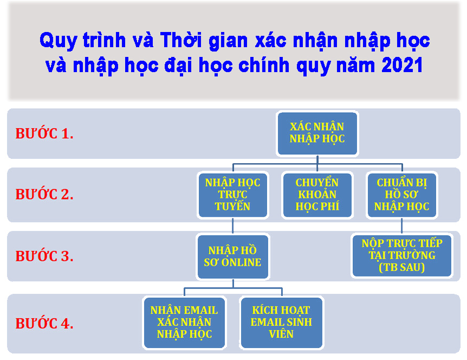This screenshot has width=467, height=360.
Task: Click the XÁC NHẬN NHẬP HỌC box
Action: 317,133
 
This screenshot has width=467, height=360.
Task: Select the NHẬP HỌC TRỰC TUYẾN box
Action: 232,195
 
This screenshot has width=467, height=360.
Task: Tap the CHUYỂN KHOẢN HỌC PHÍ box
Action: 317,195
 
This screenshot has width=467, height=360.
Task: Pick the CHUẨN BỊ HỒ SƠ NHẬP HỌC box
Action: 402,195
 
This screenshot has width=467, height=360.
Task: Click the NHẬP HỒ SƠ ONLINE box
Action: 232,256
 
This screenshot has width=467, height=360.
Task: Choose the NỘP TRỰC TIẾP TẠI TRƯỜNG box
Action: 402,256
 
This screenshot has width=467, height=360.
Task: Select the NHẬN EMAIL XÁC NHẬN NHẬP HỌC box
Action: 184,323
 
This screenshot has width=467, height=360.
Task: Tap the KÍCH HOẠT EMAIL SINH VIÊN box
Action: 281,323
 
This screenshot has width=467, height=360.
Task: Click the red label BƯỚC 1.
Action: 44,133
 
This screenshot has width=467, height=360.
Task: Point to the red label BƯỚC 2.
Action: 44,194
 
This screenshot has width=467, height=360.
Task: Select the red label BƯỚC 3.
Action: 44,256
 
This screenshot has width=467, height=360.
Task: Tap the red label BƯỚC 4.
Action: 44,323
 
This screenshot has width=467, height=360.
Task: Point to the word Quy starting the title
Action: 59,41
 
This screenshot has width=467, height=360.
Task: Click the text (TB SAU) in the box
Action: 402,267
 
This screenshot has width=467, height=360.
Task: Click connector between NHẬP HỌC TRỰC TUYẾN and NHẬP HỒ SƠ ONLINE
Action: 232,226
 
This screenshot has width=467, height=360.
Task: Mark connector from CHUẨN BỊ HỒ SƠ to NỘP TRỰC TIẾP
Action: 402,226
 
